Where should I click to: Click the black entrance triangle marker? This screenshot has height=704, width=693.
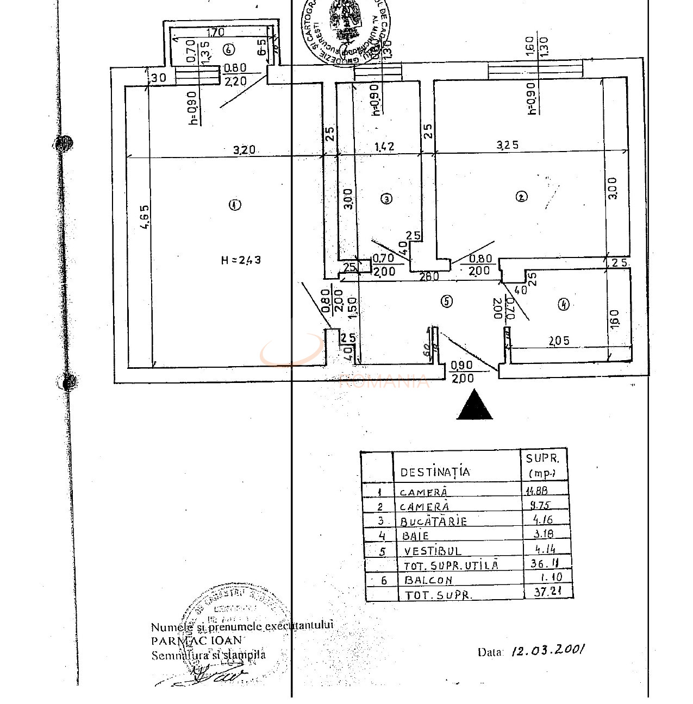coord(475,407)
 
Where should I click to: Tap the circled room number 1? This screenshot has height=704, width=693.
coord(235,205)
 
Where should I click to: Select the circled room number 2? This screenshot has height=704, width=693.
coord(521,197)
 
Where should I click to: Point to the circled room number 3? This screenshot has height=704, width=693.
coord(386,199)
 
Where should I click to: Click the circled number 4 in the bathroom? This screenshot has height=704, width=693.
coord(564,304)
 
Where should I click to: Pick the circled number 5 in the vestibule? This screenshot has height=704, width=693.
coord(447,301)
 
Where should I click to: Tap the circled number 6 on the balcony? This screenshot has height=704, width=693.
coord(228,49)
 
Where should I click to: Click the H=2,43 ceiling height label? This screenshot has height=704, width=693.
coord(241,260)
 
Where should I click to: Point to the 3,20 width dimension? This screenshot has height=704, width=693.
coord(244,150)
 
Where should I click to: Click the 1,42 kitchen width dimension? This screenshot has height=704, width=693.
coord(384,146)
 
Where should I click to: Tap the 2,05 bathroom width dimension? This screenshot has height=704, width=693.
coord(559,341)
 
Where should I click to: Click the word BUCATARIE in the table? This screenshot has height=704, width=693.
coord(433,521)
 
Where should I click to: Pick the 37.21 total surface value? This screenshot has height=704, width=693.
coord(547,592)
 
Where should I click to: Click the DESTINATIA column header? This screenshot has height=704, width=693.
coord(435,472)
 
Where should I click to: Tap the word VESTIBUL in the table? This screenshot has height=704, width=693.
coord(433,551)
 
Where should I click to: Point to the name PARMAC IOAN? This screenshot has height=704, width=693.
coord(198,640)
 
